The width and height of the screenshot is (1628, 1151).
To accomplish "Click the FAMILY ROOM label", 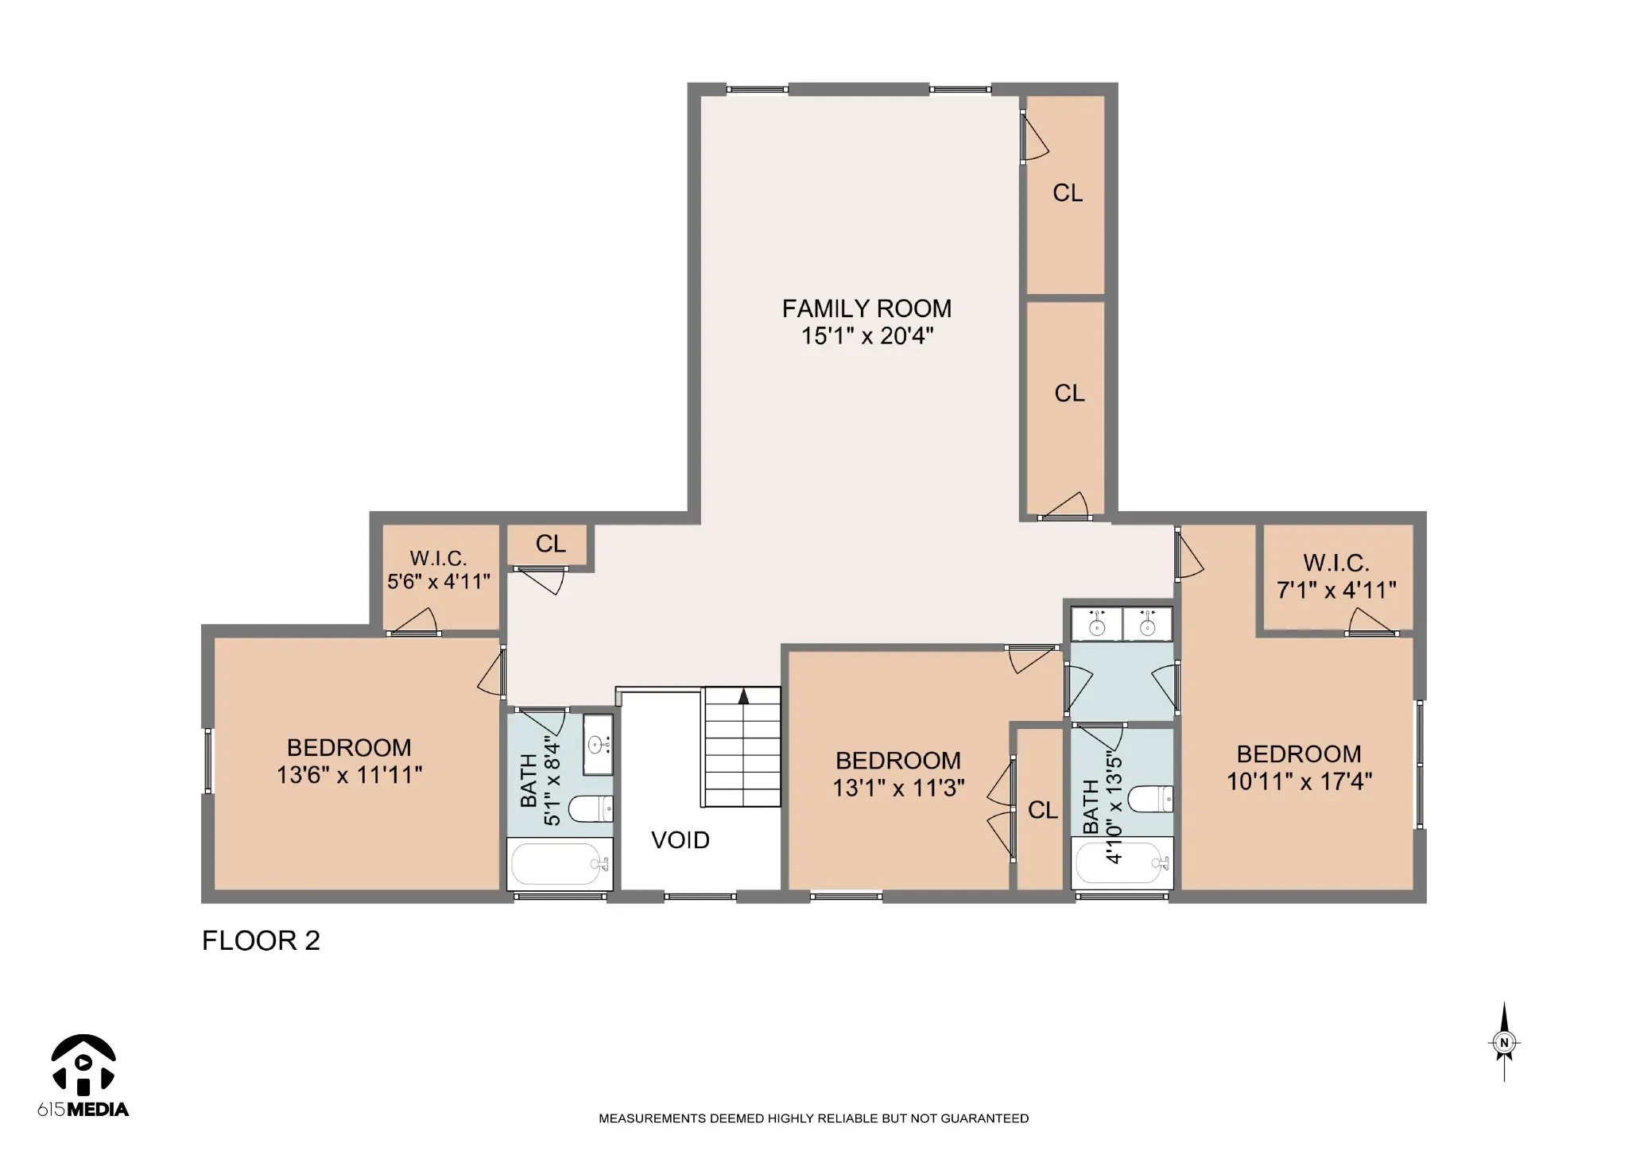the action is [866, 308].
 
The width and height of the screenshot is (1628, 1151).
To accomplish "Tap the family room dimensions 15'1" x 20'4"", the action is [866, 336].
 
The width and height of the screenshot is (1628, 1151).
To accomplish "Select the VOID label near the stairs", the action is [680, 840].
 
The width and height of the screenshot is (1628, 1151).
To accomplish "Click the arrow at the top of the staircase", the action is [744, 696].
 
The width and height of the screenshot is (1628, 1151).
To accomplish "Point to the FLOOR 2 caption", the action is [261, 941].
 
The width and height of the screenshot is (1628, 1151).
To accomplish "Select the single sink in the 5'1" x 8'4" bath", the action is [598, 745].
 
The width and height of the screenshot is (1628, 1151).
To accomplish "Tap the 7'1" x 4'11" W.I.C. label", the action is [1336, 576].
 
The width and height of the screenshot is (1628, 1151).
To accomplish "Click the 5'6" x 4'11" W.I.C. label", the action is [439, 570].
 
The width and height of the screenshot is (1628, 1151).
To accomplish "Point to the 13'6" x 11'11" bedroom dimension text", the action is [349, 774].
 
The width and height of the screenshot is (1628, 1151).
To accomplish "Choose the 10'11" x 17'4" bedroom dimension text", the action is [1299, 781].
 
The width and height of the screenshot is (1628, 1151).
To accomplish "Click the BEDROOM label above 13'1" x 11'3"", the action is [898, 761].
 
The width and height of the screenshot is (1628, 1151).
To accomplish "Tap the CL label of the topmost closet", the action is [1068, 193].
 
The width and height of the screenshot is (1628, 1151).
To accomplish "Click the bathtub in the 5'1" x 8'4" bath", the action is [560, 865].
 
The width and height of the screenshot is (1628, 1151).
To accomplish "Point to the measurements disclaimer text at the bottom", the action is [813, 1118].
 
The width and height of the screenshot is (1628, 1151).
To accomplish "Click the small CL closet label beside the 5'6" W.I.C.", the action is [551, 544].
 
